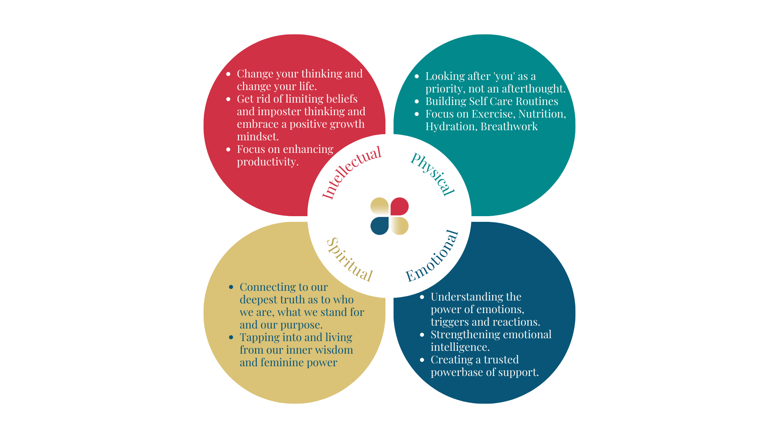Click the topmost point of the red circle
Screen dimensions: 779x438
(295, 34)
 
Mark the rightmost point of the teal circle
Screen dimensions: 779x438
(575, 125)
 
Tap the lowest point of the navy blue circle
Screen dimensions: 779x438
(484, 403)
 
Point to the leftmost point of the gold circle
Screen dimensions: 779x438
(204, 313)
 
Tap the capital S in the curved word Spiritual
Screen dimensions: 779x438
(332, 244)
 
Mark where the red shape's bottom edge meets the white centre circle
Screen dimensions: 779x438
(308, 216)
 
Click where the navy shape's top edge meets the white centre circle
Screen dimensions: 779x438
(471, 222)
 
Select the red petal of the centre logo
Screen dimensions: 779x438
(399, 206)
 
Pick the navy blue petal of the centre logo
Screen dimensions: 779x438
(380, 226)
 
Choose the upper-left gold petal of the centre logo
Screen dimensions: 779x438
(380, 206)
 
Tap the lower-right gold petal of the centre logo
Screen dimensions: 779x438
(399, 226)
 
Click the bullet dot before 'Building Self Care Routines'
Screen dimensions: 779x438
(417, 101)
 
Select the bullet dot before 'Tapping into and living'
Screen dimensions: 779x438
(231, 337)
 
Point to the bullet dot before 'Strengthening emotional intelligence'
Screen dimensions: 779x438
(422, 335)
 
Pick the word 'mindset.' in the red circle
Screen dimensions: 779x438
(258, 137)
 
